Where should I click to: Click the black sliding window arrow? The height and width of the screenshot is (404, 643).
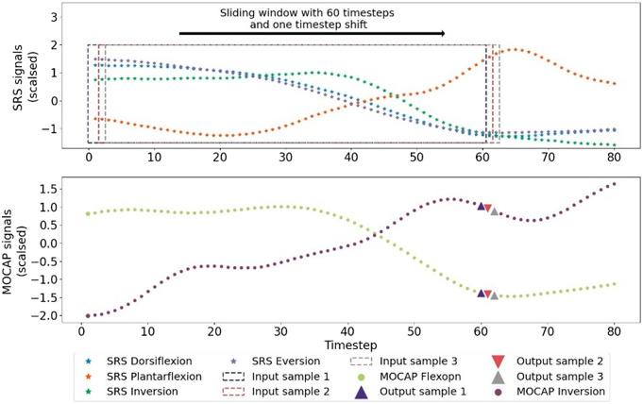point(313,33)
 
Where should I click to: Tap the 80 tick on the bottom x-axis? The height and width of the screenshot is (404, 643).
point(614,332)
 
